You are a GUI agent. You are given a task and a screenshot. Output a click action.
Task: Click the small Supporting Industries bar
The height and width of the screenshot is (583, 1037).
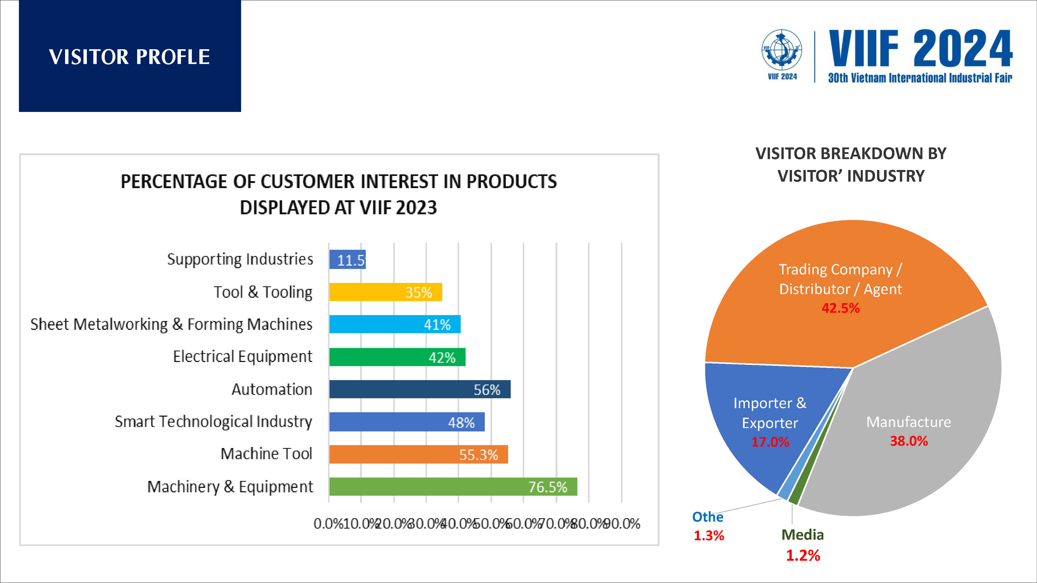tap(347, 260)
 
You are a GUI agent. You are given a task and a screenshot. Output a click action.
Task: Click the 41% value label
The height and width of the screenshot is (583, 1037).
tap(437, 324)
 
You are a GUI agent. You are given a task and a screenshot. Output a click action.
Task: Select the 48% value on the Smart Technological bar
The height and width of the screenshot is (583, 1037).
tap(461, 422)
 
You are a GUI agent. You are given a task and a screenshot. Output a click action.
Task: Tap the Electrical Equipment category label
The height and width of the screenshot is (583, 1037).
tap(242, 357)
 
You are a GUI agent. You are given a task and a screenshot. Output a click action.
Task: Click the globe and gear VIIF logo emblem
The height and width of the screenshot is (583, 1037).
tap(782, 50)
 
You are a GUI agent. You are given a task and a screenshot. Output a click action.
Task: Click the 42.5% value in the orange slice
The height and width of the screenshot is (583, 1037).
tap(840, 308)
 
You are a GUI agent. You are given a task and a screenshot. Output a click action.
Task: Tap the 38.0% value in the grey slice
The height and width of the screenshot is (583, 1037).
tap(909, 441)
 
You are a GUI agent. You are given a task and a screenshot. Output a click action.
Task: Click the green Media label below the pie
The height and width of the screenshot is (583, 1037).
tap(802, 535)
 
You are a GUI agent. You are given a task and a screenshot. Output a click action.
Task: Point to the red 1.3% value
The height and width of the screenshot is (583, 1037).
tap(709, 536)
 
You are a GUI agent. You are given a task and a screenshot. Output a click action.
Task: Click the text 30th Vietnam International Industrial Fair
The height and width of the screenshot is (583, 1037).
tap(920, 78)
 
